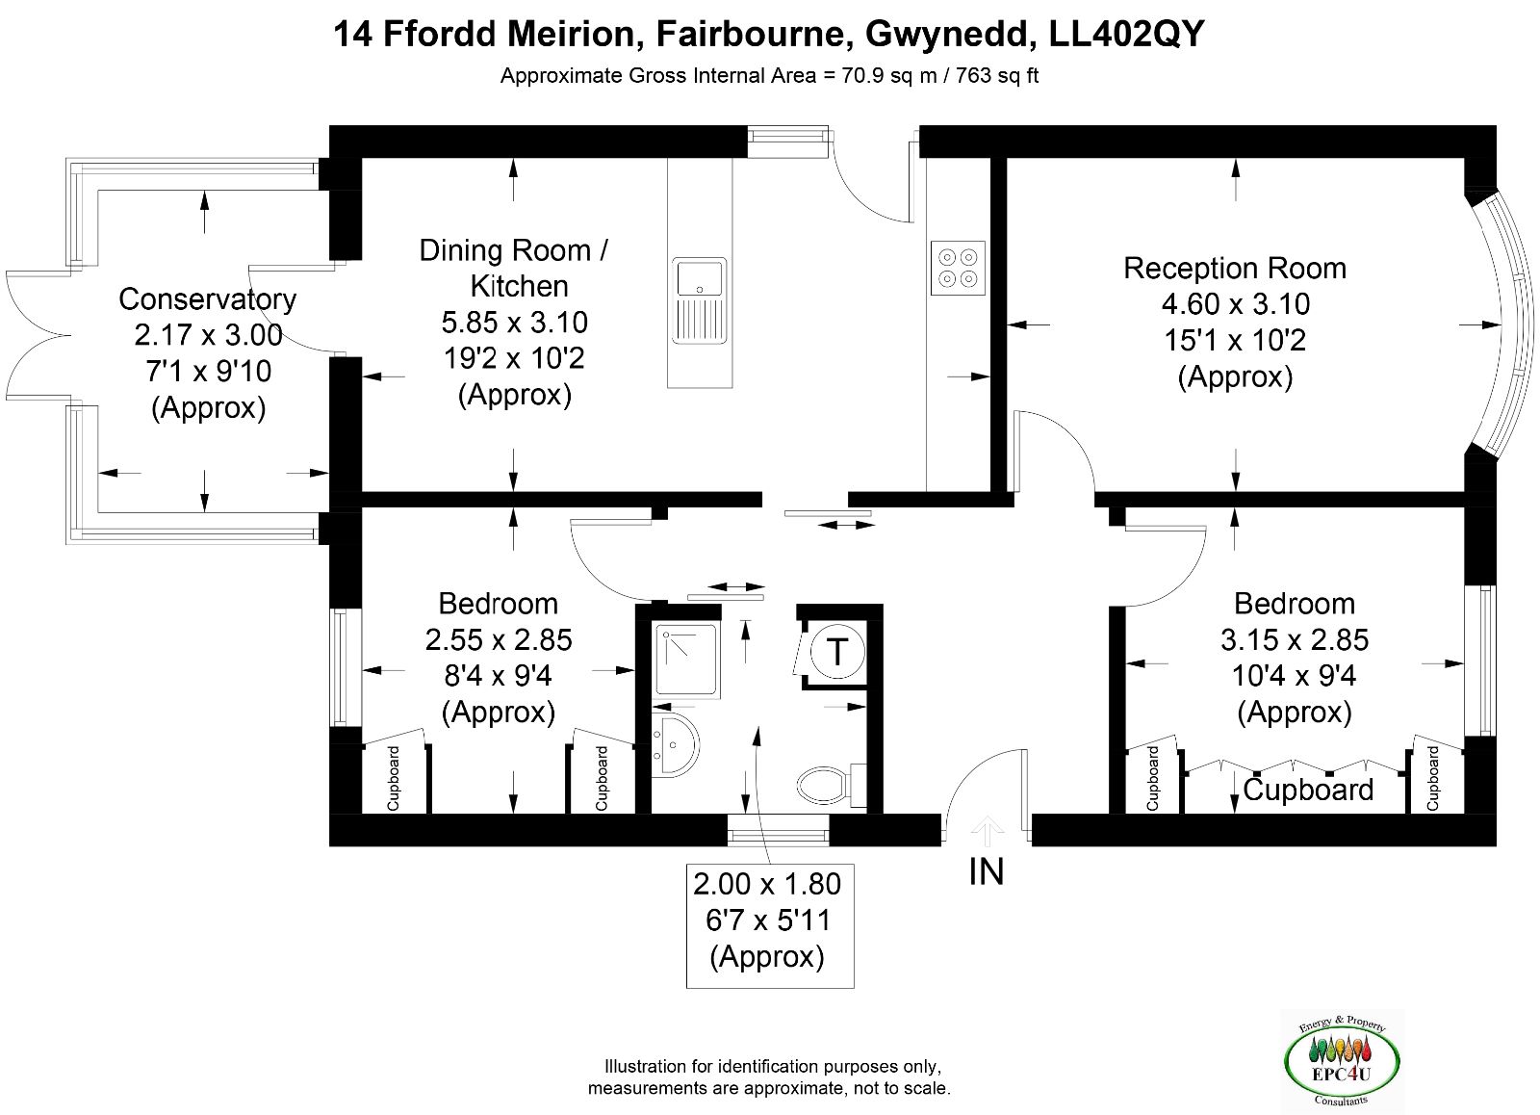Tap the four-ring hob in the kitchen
[958, 269]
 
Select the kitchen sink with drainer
[699, 300]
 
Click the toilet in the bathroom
[832, 784]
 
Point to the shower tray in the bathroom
[685, 660]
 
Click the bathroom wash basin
[675, 745]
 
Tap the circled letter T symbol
[836, 652]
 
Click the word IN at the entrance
[987, 872]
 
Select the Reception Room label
[1235, 269]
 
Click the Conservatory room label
[207, 299]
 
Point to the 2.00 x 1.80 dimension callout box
[770, 926]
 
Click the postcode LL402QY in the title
[1127, 35]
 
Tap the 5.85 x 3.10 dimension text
[514, 322]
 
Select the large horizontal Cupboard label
[1308, 791]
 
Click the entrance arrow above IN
[987, 830]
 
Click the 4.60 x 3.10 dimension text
[1236, 304]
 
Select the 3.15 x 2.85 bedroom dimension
[1295, 640]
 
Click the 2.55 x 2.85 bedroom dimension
[499, 640]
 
